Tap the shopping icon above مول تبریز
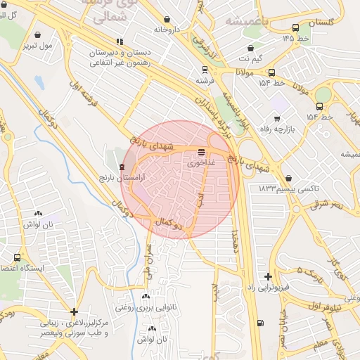point(37,34)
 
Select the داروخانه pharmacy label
point(168,30)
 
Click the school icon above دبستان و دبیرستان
point(120,41)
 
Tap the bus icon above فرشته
point(205,70)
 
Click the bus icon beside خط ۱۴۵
point(295,28)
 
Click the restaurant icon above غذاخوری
point(202,151)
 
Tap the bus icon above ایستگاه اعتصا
point(17,257)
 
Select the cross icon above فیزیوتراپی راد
point(267,276)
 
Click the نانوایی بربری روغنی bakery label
point(145,308)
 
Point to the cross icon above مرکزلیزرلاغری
point(74,311)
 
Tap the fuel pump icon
point(261,323)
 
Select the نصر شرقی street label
point(328,203)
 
